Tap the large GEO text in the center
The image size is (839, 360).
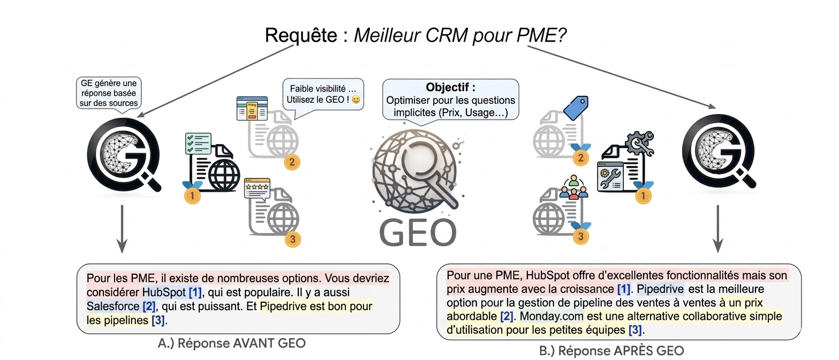point(418,231)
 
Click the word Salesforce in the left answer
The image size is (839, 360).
point(112,306)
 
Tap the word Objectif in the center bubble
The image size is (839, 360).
point(450,87)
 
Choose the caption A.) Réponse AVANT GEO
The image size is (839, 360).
point(232,343)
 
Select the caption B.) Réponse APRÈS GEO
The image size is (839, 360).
point(611,351)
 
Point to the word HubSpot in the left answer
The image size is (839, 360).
point(163,292)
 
